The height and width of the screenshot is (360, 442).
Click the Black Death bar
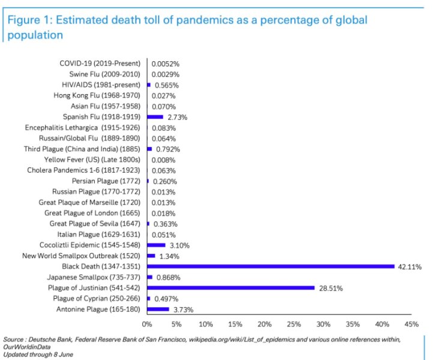pos(270,266)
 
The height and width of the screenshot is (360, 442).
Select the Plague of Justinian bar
pos(231,288)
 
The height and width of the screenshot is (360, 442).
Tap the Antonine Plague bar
pos(158,310)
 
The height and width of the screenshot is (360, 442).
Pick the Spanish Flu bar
pos(155,117)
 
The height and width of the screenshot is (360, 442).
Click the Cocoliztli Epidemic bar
pos(156,245)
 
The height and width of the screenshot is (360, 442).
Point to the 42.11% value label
pos(408,266)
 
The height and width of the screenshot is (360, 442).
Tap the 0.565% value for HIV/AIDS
pos(166,85)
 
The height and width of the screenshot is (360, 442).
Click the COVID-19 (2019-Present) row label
pos(100,64)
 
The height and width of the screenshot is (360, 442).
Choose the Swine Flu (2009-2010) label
pos(104,74)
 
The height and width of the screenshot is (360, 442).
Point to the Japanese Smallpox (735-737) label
pos(94,277)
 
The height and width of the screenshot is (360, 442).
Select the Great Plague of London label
pos(92,213)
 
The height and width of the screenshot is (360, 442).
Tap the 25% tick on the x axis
pos(294,325)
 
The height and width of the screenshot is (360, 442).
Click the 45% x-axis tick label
pos(411,325)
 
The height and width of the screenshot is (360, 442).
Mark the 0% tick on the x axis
pos(147,325)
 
